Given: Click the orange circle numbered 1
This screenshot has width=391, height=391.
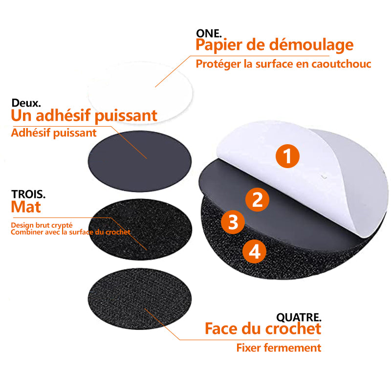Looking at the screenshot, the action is click(x=287, y=156).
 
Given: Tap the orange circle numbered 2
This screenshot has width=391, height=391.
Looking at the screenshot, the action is click(x=258, y=199).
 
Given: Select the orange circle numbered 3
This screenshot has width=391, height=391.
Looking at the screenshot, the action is click(x=233, y=222).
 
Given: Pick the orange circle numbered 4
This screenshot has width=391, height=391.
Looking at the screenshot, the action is click(x=254, y=251).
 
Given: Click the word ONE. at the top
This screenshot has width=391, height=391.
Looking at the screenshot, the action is click(x=209, y=33).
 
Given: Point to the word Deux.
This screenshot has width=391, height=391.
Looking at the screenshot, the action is click(x=26, y=103).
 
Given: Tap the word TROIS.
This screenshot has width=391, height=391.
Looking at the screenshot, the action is click(x=28, y=194).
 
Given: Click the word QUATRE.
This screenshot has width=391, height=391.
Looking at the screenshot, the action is click(x=299, y=317).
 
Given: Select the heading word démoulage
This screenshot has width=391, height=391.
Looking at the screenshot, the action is click(x=311, y=45).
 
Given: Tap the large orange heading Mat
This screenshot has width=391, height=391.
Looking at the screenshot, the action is click(x=26, y=207).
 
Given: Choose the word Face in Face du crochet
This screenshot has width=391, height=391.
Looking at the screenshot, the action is click(x=221, y=328).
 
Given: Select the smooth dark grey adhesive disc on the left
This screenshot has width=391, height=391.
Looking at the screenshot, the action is click(x=140, y=161).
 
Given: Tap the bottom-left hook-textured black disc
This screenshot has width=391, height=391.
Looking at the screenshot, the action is click(x=140, y=299).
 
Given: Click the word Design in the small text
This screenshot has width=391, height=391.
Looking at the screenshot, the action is click(x=22, y=225).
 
